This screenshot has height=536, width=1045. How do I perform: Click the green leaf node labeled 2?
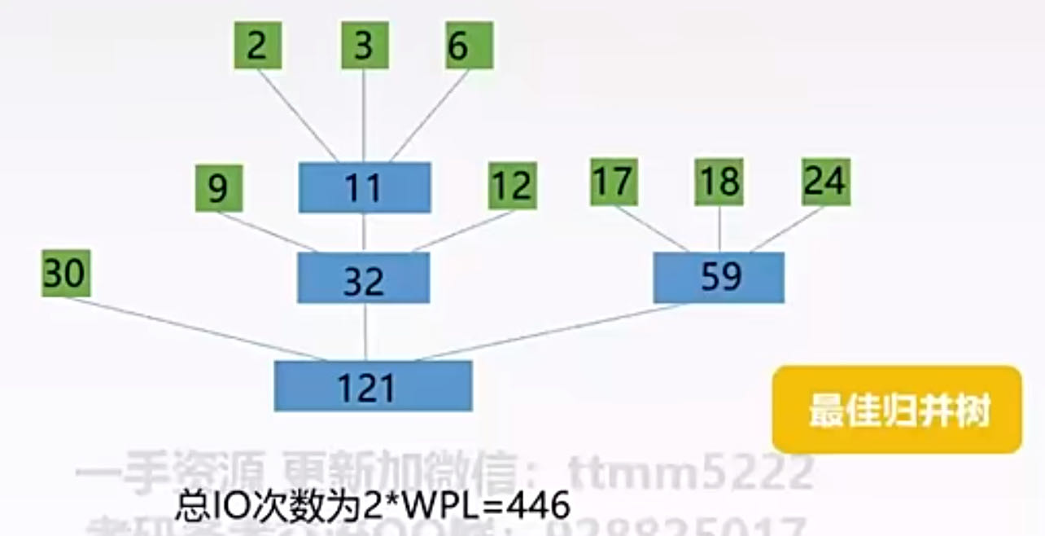[257, 46]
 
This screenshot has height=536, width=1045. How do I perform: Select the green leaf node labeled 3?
[363, 46]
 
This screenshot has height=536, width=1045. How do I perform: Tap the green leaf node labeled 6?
[468, 46]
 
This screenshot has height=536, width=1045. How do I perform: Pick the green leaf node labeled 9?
[218, 188]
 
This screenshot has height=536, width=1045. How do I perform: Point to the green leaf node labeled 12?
[512, 186]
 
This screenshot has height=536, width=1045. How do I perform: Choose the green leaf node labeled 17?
[613, 182]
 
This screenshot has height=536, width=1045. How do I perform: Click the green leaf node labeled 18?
[719, 182]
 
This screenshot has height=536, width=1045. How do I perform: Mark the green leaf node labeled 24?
[825, 181]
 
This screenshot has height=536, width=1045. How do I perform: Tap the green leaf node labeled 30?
[65, 274]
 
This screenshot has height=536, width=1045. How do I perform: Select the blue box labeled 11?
[364, 188]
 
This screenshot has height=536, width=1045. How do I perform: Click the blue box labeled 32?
[363, 278]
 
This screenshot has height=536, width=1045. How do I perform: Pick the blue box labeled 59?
[719, 277]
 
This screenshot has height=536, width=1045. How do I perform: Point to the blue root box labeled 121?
[373, 385]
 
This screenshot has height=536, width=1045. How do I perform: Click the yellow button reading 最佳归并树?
[897, 410]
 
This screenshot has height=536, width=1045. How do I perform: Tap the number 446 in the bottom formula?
[537, 507]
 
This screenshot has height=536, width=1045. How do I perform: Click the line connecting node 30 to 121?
[195, 329]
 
